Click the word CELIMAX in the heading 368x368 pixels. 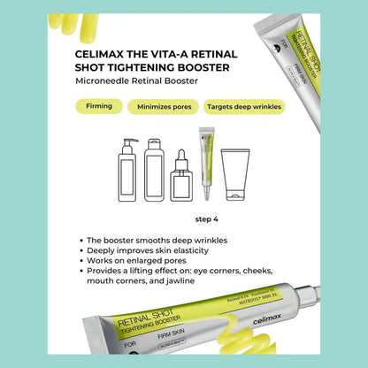[100, 53]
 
